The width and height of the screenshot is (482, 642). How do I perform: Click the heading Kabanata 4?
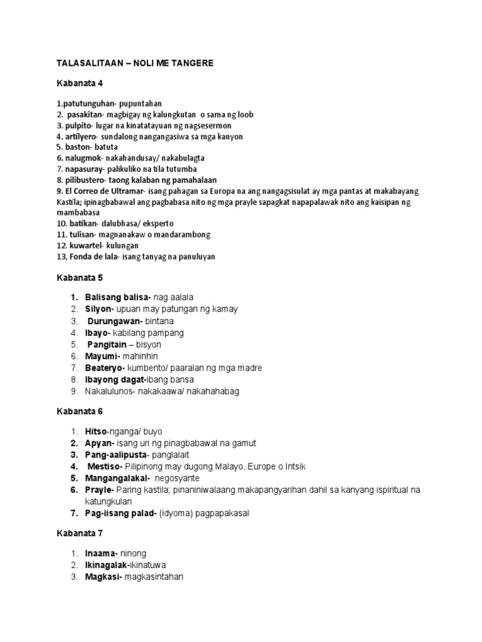point(79,83)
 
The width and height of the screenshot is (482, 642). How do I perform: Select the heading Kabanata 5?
point(79,276)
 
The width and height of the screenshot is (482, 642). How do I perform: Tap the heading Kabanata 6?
point(79,411)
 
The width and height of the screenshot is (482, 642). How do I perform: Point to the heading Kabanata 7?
point(79,534)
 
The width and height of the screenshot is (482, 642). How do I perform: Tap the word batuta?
point(108,147)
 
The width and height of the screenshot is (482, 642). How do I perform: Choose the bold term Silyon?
point(99,309)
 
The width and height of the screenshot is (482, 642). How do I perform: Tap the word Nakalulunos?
point(111,391)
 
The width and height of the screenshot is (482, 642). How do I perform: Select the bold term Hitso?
point(96,431)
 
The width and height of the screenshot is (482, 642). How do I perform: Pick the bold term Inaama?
point(101,554)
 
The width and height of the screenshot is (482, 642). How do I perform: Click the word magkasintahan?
point(154,577)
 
